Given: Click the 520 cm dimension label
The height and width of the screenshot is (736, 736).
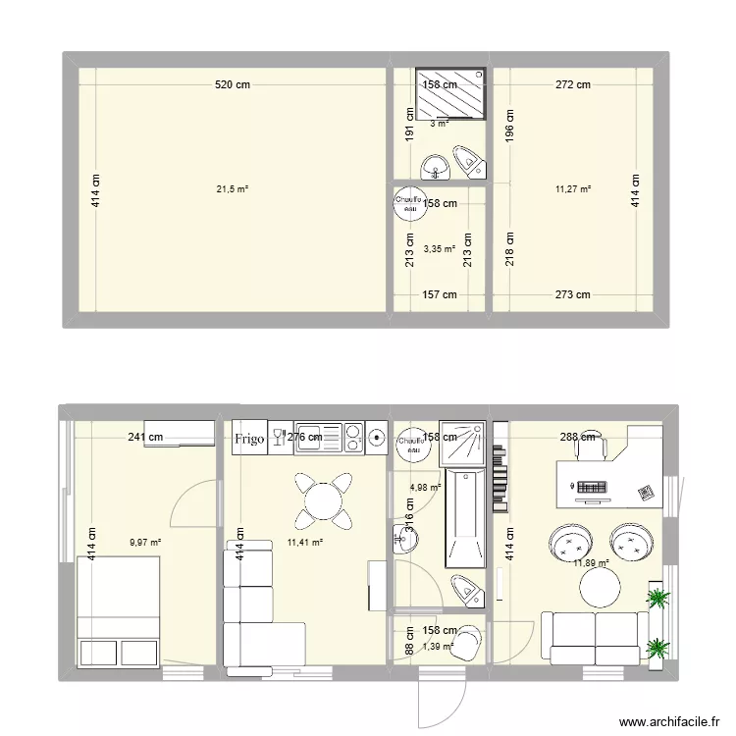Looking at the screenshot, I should tap(233, 85).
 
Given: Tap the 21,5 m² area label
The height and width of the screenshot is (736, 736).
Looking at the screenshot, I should tap(233, 188).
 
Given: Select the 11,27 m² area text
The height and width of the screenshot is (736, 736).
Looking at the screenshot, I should tap(573, 188).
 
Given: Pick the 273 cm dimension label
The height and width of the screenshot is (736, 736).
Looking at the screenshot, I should tap(573, 294).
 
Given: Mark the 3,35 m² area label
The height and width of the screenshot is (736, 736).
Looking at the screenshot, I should tap(440, 249).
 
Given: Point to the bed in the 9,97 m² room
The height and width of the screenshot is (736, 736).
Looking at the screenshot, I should tap(119, 611).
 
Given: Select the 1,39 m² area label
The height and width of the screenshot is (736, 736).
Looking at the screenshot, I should tap(437, 646).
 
